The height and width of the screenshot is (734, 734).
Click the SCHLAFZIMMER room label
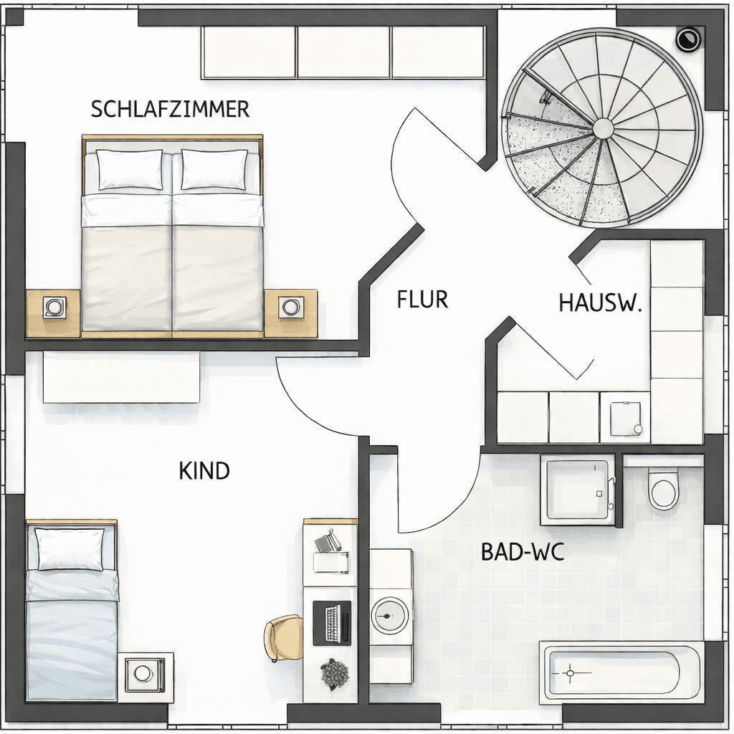pos(170,109)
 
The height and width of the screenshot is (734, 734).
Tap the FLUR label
pos(422,299)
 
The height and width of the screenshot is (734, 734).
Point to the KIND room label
pos(204,471)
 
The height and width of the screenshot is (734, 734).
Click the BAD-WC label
pos(513,552)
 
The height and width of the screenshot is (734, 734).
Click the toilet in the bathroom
pos(662,490)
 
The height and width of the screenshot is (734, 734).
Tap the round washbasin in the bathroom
pos(391,616)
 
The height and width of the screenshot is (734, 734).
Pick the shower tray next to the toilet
pos(578,488)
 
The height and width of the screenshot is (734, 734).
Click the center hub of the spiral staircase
pos(604,128)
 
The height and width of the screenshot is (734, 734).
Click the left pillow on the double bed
pos(130,170)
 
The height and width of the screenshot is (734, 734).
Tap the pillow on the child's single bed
pos(70,549)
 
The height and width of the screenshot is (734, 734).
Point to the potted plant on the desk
pos(334,674)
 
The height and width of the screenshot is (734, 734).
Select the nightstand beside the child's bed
pos(146,676)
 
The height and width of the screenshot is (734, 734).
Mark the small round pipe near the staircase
pos(687,38)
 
